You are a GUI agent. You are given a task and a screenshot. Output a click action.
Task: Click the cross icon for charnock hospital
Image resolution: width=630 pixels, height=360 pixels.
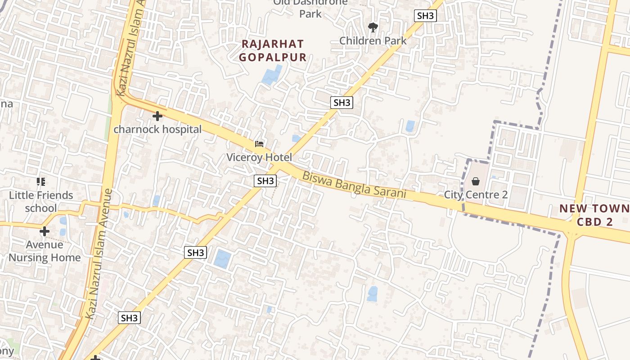(157, 116)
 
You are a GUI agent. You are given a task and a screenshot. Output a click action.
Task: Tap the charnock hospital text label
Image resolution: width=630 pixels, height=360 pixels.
(157, 130)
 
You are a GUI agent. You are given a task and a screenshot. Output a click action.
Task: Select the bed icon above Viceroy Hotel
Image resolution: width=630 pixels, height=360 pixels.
(259, 144)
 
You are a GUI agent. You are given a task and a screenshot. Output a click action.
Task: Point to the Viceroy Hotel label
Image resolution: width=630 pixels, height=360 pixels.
(259, 157)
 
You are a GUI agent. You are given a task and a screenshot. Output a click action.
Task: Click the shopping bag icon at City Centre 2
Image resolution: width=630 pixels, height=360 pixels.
(476, 181)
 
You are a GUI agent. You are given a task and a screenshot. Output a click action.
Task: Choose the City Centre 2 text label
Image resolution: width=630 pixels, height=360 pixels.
(476, 195)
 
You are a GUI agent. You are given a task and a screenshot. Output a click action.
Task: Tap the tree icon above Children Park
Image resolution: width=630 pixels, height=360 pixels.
(373, 27)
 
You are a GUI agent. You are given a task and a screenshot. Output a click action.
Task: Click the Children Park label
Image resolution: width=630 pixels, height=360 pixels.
(373, 40)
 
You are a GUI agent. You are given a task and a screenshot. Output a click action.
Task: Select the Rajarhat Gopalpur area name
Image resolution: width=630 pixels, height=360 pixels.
(273, 50)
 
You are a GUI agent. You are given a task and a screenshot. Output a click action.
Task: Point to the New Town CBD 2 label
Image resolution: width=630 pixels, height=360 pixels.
(594, 215)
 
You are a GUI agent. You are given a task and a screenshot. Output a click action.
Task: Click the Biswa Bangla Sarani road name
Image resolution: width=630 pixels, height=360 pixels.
(354, 185)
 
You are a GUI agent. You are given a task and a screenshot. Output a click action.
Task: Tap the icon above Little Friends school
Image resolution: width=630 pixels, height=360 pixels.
(41, 182)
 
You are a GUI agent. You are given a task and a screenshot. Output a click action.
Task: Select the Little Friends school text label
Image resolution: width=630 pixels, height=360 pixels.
(41, 202)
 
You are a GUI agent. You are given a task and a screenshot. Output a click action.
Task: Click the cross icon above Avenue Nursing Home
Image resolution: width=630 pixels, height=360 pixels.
(44, 231)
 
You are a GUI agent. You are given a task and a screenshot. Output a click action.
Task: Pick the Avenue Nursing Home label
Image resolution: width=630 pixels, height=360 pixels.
(44, 251)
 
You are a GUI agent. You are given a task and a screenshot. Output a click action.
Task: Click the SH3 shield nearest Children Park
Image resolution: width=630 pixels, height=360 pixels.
(425, 16)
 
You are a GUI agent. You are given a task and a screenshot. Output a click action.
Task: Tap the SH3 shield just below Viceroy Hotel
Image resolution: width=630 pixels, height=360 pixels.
(265, 181)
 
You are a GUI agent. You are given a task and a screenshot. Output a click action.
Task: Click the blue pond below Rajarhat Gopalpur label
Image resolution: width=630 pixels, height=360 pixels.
(272, 75)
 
